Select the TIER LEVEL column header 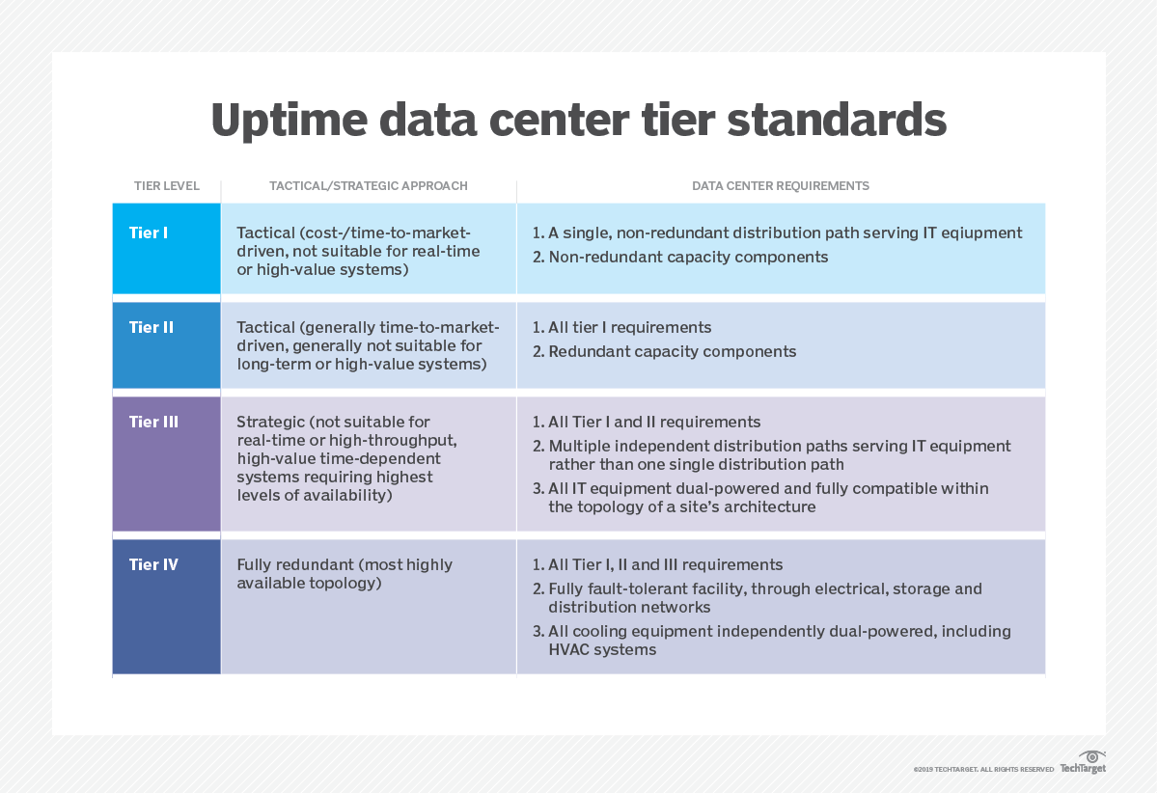click(166, 186)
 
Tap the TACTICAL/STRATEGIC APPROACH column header click(369, 186)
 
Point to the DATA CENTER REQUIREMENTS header click(781, 186)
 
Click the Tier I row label click(149, 232)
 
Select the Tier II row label click(152, 327)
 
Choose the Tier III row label click(153, 422)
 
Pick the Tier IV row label click(153, 564)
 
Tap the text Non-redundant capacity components click(688, 257)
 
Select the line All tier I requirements click(629, 327)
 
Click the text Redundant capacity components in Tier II click(672, 351)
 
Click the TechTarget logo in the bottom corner click(1084, 763)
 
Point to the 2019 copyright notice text click(983, 769)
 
